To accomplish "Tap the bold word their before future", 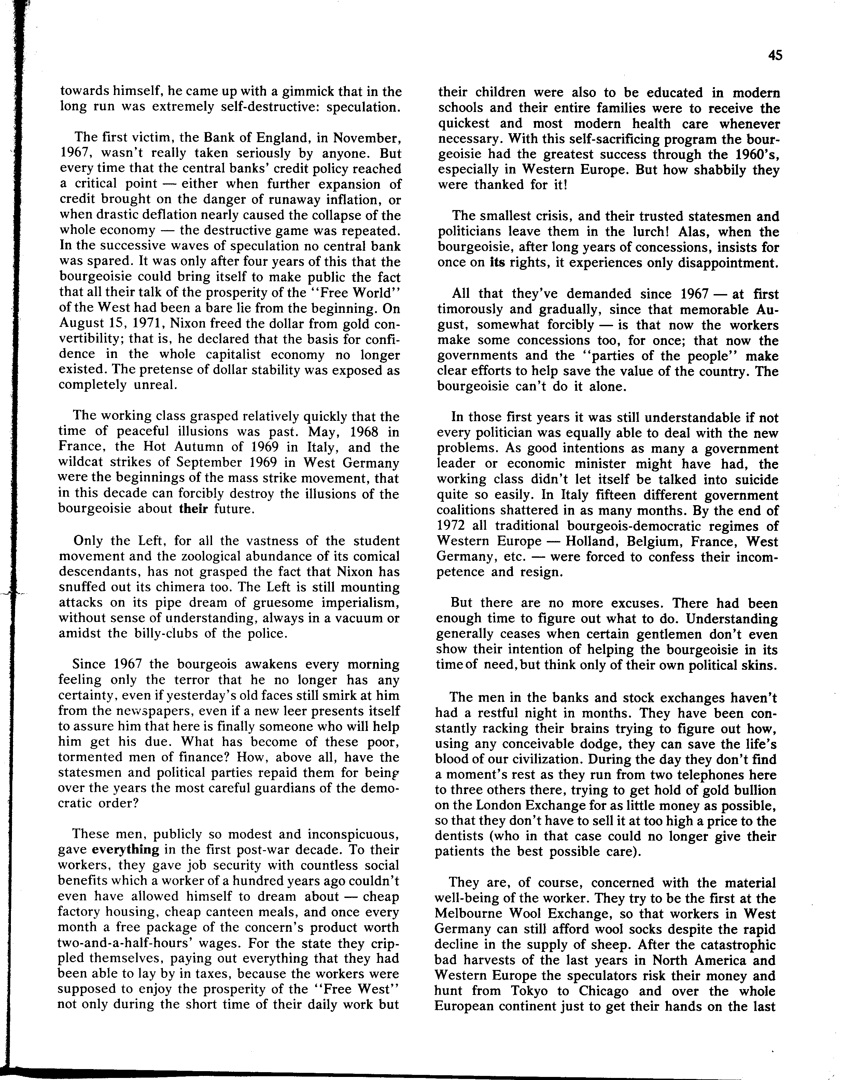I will (193, 509).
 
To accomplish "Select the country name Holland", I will (591, 541).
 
